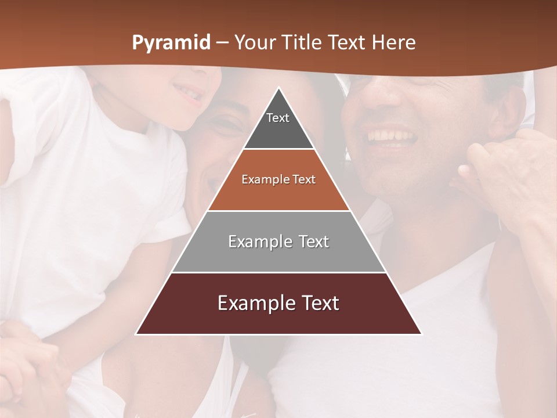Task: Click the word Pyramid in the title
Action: [171, 43]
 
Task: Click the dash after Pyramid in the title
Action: [222, 43]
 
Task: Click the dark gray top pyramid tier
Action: [278, 131]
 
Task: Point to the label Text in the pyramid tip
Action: [278, 118]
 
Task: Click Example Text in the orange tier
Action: [278, 180]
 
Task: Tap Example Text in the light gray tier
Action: [278, 242]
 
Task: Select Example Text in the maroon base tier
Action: [278, 303]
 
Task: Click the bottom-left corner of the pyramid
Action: [136, 334]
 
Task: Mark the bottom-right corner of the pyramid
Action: [421, 334]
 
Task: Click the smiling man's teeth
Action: [393, 137]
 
